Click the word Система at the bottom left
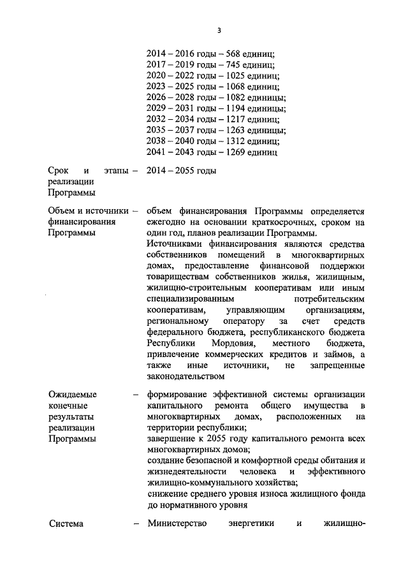click(66, 524)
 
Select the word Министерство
click(177, 524)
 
